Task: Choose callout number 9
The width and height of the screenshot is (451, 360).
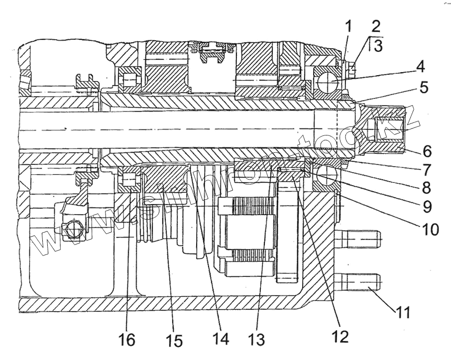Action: [426, 206]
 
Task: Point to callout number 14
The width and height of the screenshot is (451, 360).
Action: [222, 340]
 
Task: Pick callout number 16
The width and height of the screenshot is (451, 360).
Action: [127, 341]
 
